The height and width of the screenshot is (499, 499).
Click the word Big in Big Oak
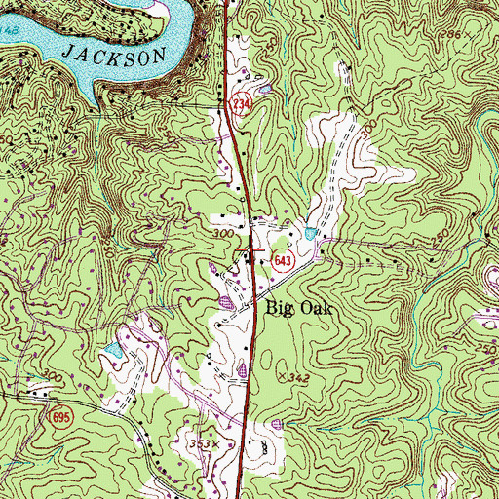point(281,306)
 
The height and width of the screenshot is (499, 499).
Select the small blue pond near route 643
point(310,234)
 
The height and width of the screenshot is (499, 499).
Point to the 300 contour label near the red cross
point(223,235)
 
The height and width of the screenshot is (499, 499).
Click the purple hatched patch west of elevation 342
point(243,369)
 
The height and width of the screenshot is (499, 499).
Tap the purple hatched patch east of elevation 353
point(279,423)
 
